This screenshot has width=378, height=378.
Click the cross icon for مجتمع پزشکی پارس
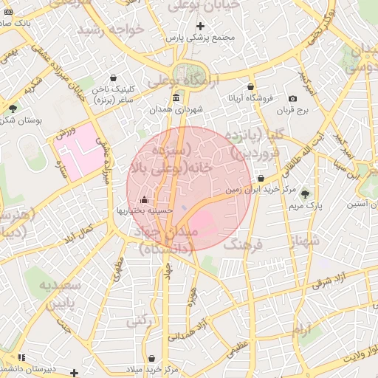pos(200,26)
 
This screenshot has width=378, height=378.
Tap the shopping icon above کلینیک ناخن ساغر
pos(113,78)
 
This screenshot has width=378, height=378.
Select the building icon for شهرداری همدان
pos(176,98)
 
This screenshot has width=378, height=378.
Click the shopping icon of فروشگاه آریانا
pos(251,86)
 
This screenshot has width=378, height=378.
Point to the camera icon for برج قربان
pos(292,99)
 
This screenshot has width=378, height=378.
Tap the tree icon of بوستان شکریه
pos(13,109)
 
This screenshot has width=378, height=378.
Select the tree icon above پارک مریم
pos(305,193)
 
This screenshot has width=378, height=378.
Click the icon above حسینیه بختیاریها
pos(143,200)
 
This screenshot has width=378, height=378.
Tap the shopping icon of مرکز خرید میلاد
pos(151,358)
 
